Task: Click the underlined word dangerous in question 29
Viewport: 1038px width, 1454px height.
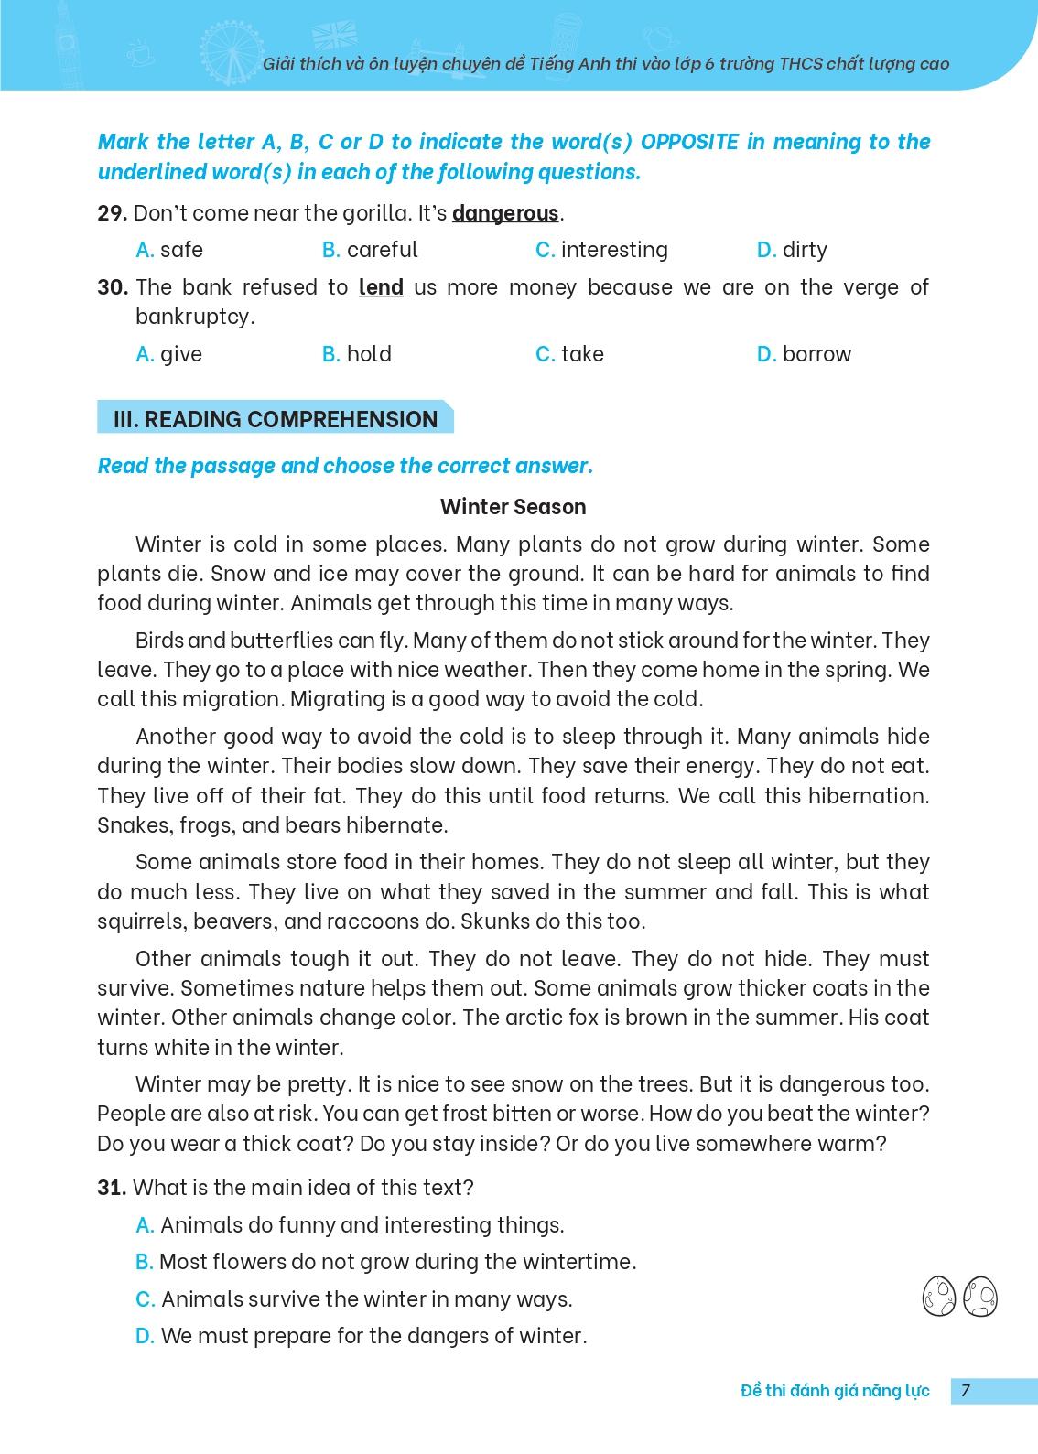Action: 504,214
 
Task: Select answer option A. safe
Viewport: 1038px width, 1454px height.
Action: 169,250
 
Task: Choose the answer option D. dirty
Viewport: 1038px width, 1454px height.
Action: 792,250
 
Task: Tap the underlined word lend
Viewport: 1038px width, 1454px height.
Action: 381,287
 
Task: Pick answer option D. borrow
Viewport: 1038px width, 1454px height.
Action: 804,354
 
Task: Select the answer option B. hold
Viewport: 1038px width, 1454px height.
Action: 357,354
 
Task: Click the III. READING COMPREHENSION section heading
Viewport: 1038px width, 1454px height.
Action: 275,420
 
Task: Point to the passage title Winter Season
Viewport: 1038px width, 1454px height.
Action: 513,507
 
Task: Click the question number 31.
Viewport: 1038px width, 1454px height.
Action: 111,1188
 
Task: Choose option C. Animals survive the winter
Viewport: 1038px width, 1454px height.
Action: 353,1299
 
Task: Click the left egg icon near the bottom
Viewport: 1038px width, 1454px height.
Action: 939,1296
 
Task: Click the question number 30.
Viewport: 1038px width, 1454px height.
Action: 112,287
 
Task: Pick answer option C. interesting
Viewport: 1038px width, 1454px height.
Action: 601,250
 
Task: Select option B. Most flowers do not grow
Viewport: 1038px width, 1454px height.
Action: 385,1262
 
